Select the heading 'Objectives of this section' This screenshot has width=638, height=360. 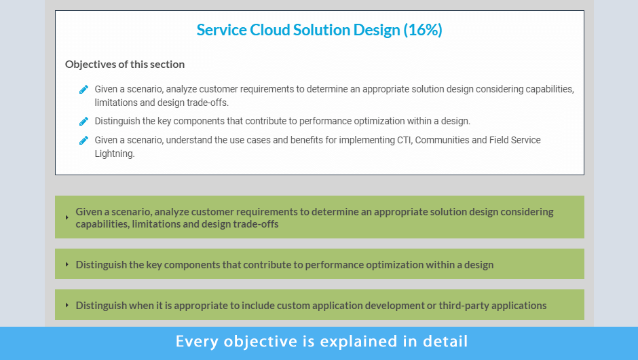click(125, 65)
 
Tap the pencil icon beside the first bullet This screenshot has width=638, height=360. click(83, 90)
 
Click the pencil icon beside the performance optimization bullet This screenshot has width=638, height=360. click(83, 122)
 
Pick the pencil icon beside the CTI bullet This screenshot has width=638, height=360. click(83, 141)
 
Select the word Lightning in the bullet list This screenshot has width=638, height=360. click(114, 154)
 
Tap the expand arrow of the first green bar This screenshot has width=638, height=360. click(67, 217)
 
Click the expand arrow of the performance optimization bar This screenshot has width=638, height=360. click(67, 264)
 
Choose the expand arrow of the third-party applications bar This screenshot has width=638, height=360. click(67, 305)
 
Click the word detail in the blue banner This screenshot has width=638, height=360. click(445, 341)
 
